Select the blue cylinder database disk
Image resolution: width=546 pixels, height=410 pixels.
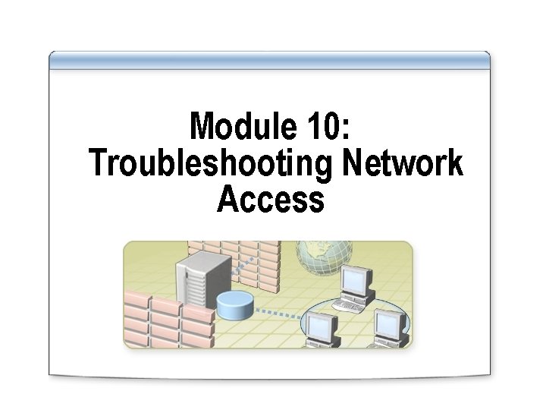coord(234,306)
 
